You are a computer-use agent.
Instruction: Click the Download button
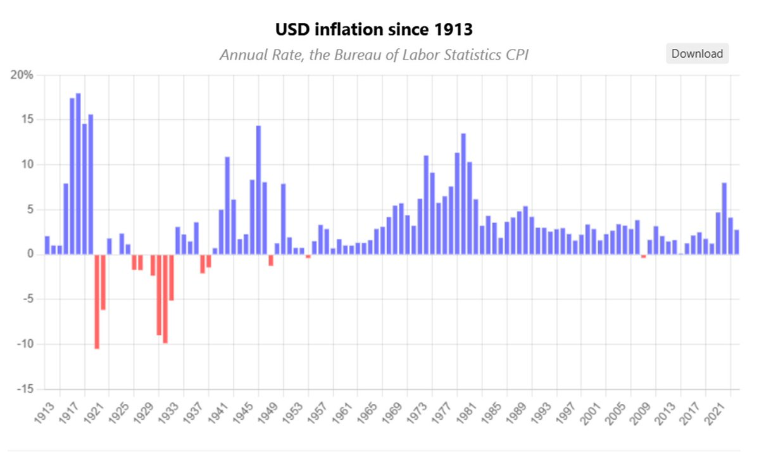(697, 54)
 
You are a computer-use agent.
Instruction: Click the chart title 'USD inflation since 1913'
(374, 29)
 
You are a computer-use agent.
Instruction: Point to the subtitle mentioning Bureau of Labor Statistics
(374, 55)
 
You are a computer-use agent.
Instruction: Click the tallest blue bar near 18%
(78, 174)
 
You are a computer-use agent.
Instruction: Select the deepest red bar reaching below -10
(97, 302)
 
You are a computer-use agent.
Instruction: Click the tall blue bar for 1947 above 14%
(258, 190)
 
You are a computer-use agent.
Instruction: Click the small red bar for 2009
(643, 256)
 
